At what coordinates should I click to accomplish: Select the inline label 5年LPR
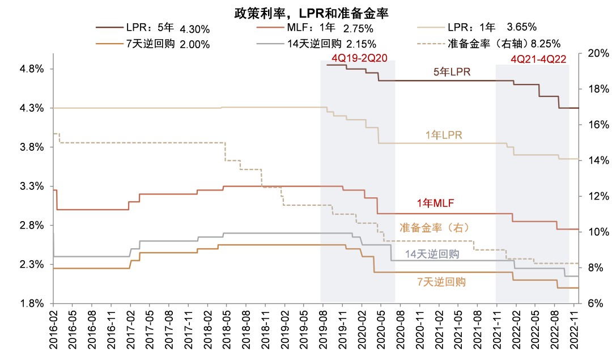[x=452, y=72]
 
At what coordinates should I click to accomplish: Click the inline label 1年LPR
[x=444, y=135]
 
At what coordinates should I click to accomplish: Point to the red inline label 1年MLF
[x=435, y=203]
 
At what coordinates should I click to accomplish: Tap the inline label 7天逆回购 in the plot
[x=441, y=281]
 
